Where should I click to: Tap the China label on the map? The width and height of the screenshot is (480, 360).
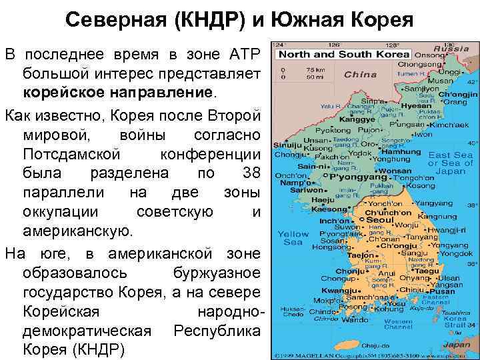pos(361,74)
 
